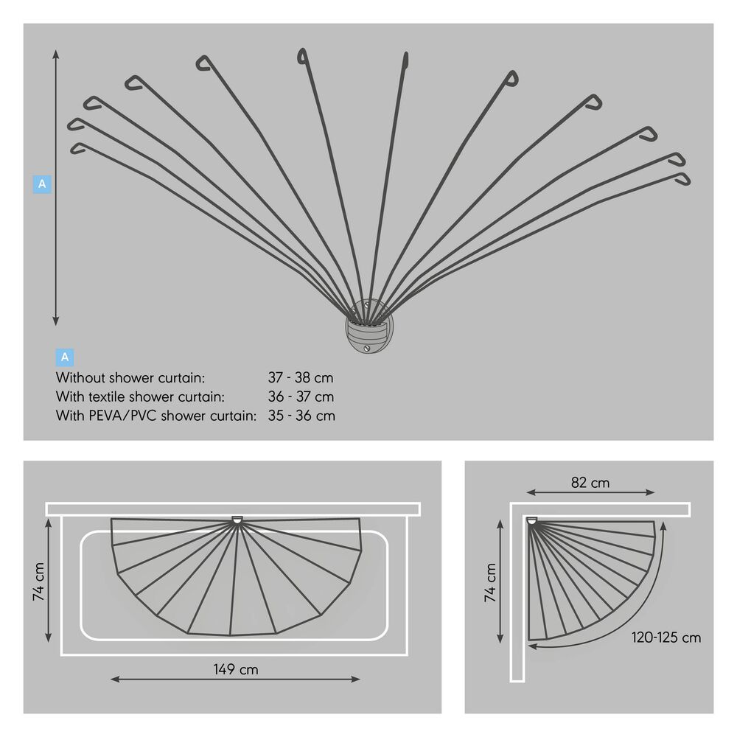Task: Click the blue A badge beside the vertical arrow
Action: [x=42, y=184]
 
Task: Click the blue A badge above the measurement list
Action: [x=65, y=357]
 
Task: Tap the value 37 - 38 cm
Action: [x=301, y=377]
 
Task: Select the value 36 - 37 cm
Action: [x=301, y=397]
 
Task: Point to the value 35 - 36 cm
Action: [x=301, y=416]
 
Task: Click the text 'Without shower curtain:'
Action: [x=130, y=377]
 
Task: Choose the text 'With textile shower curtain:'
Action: [x=140, y=397]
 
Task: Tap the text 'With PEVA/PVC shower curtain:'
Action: [x=156, y=416]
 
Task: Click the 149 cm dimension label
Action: [x=236, y=669]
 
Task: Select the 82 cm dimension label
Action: [x=590, y=483]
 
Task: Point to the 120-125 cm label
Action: [x=666, y=638]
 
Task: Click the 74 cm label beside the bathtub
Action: [x=38, y=581]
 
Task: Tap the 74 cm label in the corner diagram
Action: [x=490, y=583]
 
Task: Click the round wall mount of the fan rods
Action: [x=369, y=326]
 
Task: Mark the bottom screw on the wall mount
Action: [x=367, y=349]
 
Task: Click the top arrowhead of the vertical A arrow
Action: [x=56, y=54]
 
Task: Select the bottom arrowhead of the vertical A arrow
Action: [x=56, y=321]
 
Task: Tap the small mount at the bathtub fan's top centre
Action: [x=238, y=520]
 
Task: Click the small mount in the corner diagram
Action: [x=531, y=521]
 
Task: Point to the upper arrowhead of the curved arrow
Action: [x=663, y=525]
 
